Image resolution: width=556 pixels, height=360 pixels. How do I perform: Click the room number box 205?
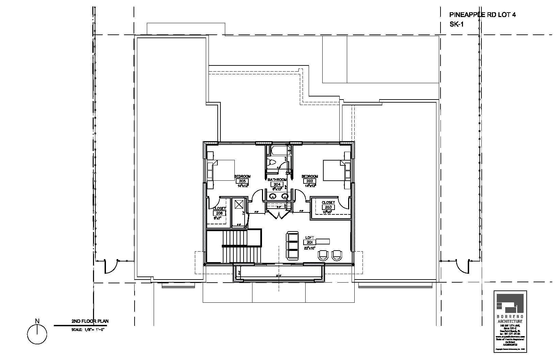pos(242,181)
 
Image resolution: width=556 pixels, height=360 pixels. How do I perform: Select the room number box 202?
pos(310,181)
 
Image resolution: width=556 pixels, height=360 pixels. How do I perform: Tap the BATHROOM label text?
pos(277,180)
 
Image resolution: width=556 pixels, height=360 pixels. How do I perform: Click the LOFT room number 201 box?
pos(310,242)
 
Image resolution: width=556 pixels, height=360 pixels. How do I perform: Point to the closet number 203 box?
pos(328,207)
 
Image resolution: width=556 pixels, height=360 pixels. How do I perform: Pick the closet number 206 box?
pos(219,213)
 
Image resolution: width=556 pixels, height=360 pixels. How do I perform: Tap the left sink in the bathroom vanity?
pos(273,196)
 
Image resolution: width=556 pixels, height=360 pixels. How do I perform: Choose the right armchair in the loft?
pos(337,254)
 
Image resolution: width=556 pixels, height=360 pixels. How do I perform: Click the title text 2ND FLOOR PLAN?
pos(90,321)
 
